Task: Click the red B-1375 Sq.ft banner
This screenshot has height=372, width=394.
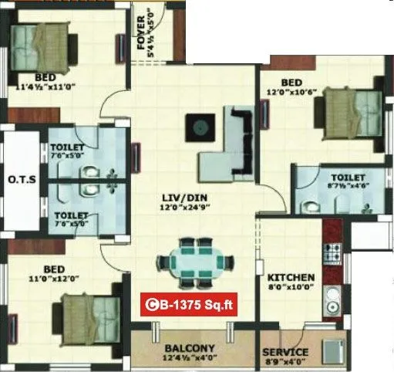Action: tap(188, 306)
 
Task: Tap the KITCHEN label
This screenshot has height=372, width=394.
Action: tap(291, 277)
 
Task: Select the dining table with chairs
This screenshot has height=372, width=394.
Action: tap(195, 261)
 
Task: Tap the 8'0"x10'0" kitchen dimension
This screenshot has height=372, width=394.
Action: tap(291, 288)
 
